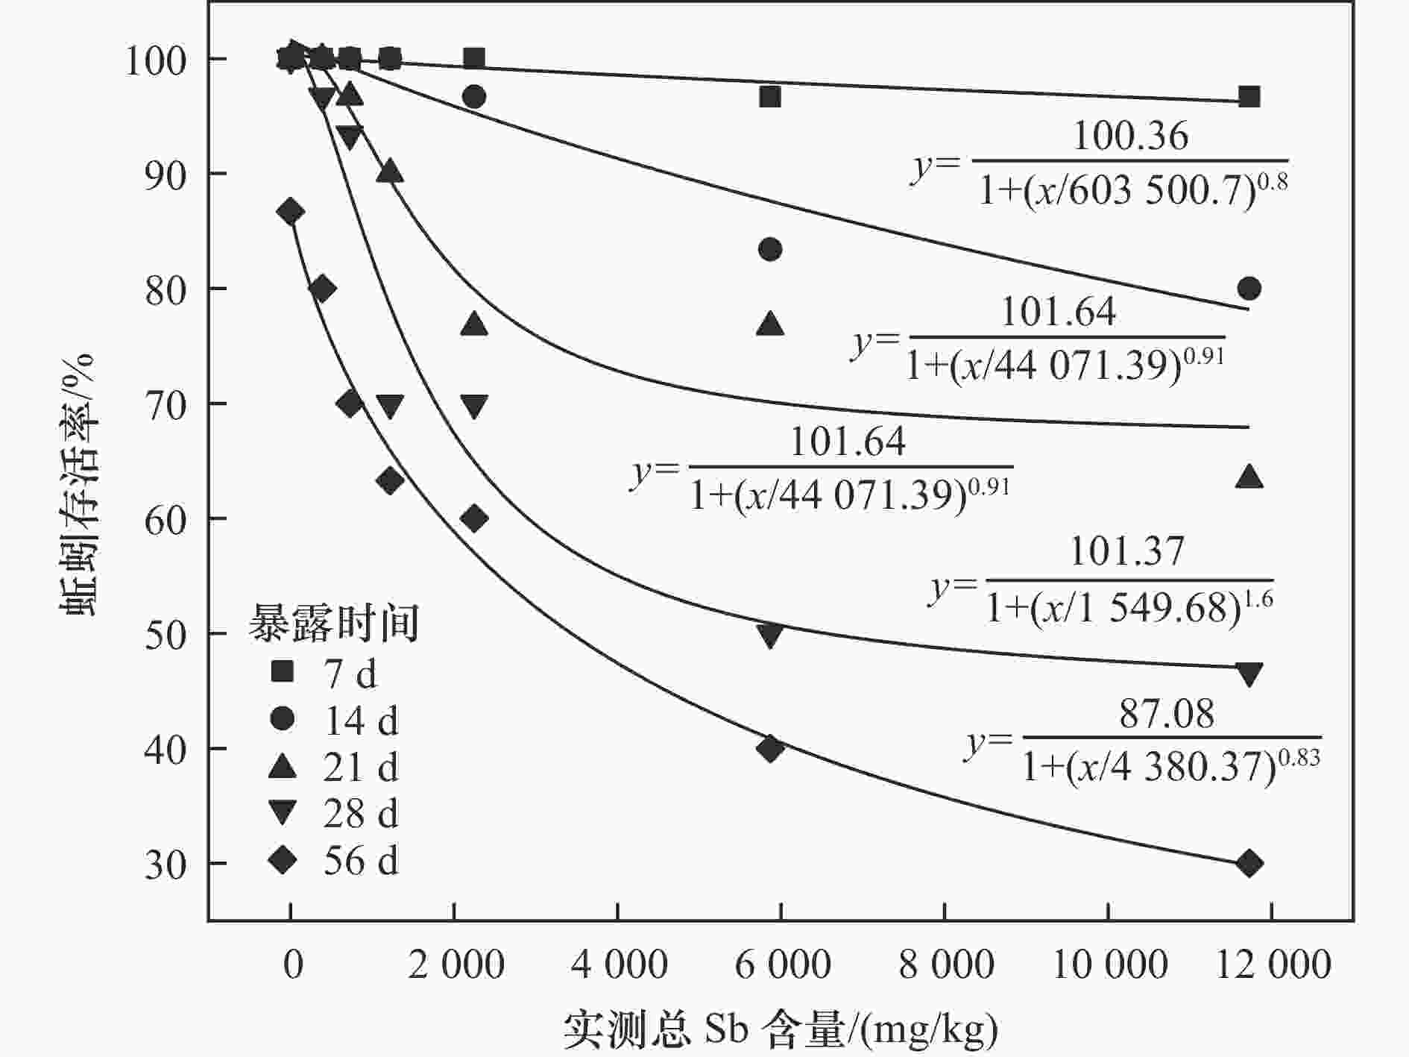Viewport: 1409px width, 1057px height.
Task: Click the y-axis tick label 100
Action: point(155,60)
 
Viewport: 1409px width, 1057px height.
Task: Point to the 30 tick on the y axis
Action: point(166,865)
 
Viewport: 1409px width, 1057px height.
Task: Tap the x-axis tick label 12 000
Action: point(1273,965)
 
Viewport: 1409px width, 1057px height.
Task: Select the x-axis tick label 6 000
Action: point(782,965)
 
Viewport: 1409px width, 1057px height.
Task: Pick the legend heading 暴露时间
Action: point(333,623)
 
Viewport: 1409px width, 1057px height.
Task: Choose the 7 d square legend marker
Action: point(283,672)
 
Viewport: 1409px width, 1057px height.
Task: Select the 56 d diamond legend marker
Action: point(283,861)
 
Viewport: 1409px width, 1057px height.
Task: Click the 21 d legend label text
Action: point(361,767)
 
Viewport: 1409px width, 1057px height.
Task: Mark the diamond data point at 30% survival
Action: point(1249,864)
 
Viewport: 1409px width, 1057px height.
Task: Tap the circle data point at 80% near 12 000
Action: point(1249,289)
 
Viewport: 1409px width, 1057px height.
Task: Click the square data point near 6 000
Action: point(770,97)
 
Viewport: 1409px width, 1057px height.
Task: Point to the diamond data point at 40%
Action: point(770,748)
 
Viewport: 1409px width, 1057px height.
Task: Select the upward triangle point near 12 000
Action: point(1249,477)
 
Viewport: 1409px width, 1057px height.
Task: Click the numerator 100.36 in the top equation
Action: point(1130,137)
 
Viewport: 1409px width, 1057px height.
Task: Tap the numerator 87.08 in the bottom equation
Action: point(1167,714)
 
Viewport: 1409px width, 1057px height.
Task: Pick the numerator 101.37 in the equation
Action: point(1126,553)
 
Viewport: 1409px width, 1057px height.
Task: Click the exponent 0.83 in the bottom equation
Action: point(1299,758)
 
